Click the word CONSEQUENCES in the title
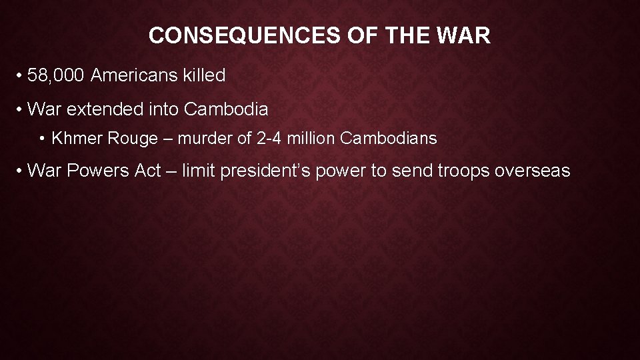tap(245, 35)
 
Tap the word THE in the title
tap(405, 35)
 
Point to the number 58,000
tap(57, 75)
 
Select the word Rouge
tap(126, 139)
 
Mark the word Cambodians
tap(388, 139)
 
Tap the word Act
tap(147, 171)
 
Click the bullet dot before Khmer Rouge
tap(42, 139)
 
